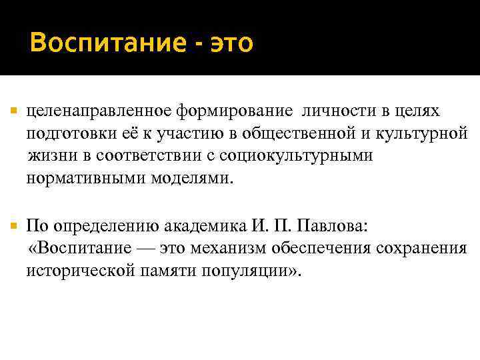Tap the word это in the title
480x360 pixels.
(x=231, y=44)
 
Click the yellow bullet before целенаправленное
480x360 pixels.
(x=14, y=109)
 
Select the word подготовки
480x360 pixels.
(x=71, y=133)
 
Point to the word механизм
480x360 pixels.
(x=227, y=249)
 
